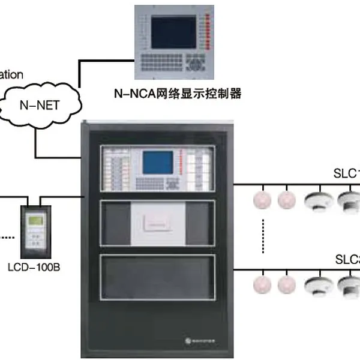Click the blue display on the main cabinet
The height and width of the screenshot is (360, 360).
157,161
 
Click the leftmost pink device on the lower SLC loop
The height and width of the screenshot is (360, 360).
262,284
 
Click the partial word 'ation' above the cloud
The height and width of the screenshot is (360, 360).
12,75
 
